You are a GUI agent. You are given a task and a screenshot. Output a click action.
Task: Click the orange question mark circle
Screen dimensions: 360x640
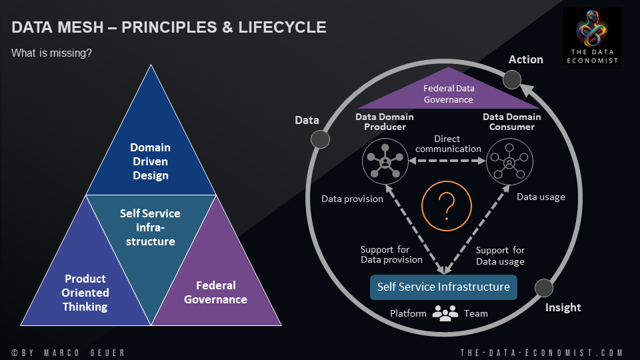point(444,205)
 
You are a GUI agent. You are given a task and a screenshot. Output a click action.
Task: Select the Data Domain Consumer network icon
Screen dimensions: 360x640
point(509,160)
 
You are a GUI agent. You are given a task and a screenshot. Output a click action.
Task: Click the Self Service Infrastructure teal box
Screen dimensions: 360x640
point(443,287)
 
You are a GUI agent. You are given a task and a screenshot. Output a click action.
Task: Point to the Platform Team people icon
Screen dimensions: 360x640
point(445,312)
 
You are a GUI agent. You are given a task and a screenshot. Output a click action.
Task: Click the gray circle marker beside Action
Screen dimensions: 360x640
point(511,81)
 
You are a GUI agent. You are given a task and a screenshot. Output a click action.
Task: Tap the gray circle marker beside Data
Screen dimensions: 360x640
point(321,139)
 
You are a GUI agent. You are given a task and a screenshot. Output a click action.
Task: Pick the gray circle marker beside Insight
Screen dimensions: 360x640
point(544,288)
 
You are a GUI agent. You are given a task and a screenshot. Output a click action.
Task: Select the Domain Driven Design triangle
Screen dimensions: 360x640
point(150,153)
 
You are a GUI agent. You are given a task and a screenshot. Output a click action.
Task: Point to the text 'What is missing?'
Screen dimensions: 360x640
point(51,53)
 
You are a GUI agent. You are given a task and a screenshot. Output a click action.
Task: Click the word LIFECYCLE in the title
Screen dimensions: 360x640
point(287,27)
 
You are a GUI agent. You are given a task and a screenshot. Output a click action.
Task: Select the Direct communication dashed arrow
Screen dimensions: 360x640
point(447,161)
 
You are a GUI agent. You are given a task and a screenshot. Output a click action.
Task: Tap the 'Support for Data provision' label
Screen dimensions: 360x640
point(391,255)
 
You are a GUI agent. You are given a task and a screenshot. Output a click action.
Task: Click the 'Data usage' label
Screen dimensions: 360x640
point(541,197)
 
